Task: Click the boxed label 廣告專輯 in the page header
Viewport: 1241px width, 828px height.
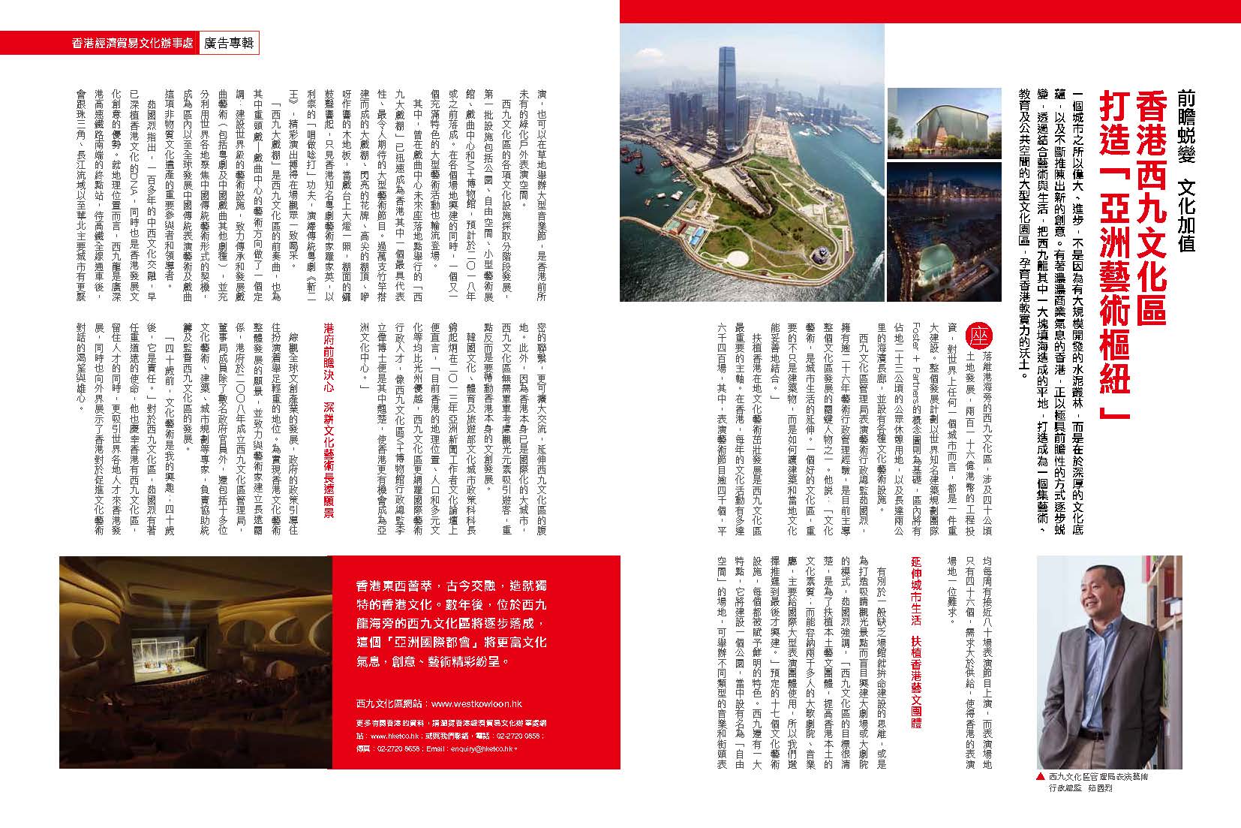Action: pyautogui.click(x=230, y=44)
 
